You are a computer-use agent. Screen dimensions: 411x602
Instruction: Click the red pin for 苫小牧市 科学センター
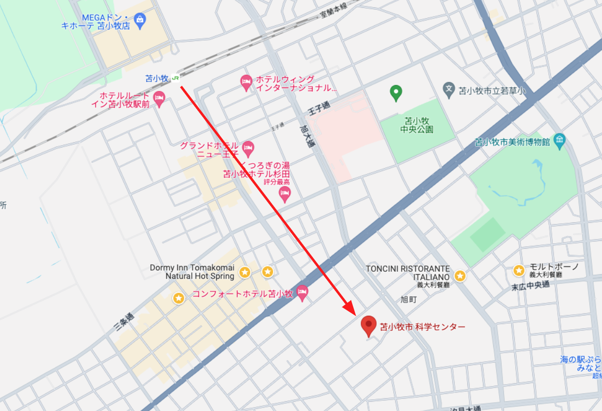click(x=368, y=325)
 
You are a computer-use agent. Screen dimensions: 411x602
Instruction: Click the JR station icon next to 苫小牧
click(x=176, y=78)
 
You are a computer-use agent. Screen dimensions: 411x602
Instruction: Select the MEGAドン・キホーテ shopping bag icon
click(x=140, y=20)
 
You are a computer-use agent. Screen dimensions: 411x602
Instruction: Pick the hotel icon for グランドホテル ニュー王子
click(x=248, y=147)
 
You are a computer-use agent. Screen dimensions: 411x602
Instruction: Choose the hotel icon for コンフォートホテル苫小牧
click(x=302, y=293)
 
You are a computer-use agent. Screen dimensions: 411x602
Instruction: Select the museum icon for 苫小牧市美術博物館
click(x=560, y=141)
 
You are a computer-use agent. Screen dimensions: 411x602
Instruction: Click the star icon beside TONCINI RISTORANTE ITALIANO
click(x=460, y=276)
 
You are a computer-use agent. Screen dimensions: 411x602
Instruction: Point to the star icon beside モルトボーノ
click(x=519, y=270)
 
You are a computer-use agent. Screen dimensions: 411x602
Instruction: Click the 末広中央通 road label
click(x=530, y=285)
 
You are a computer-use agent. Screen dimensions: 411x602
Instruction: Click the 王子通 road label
click(x=319, y=108)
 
